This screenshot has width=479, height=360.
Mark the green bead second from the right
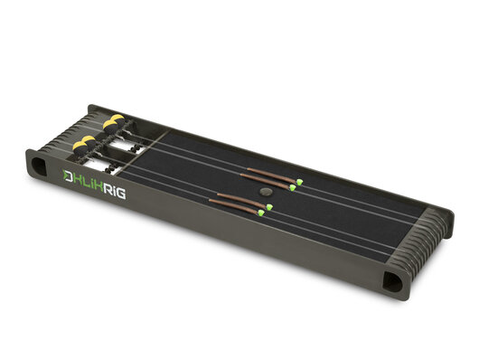click(x=292, y=187)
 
